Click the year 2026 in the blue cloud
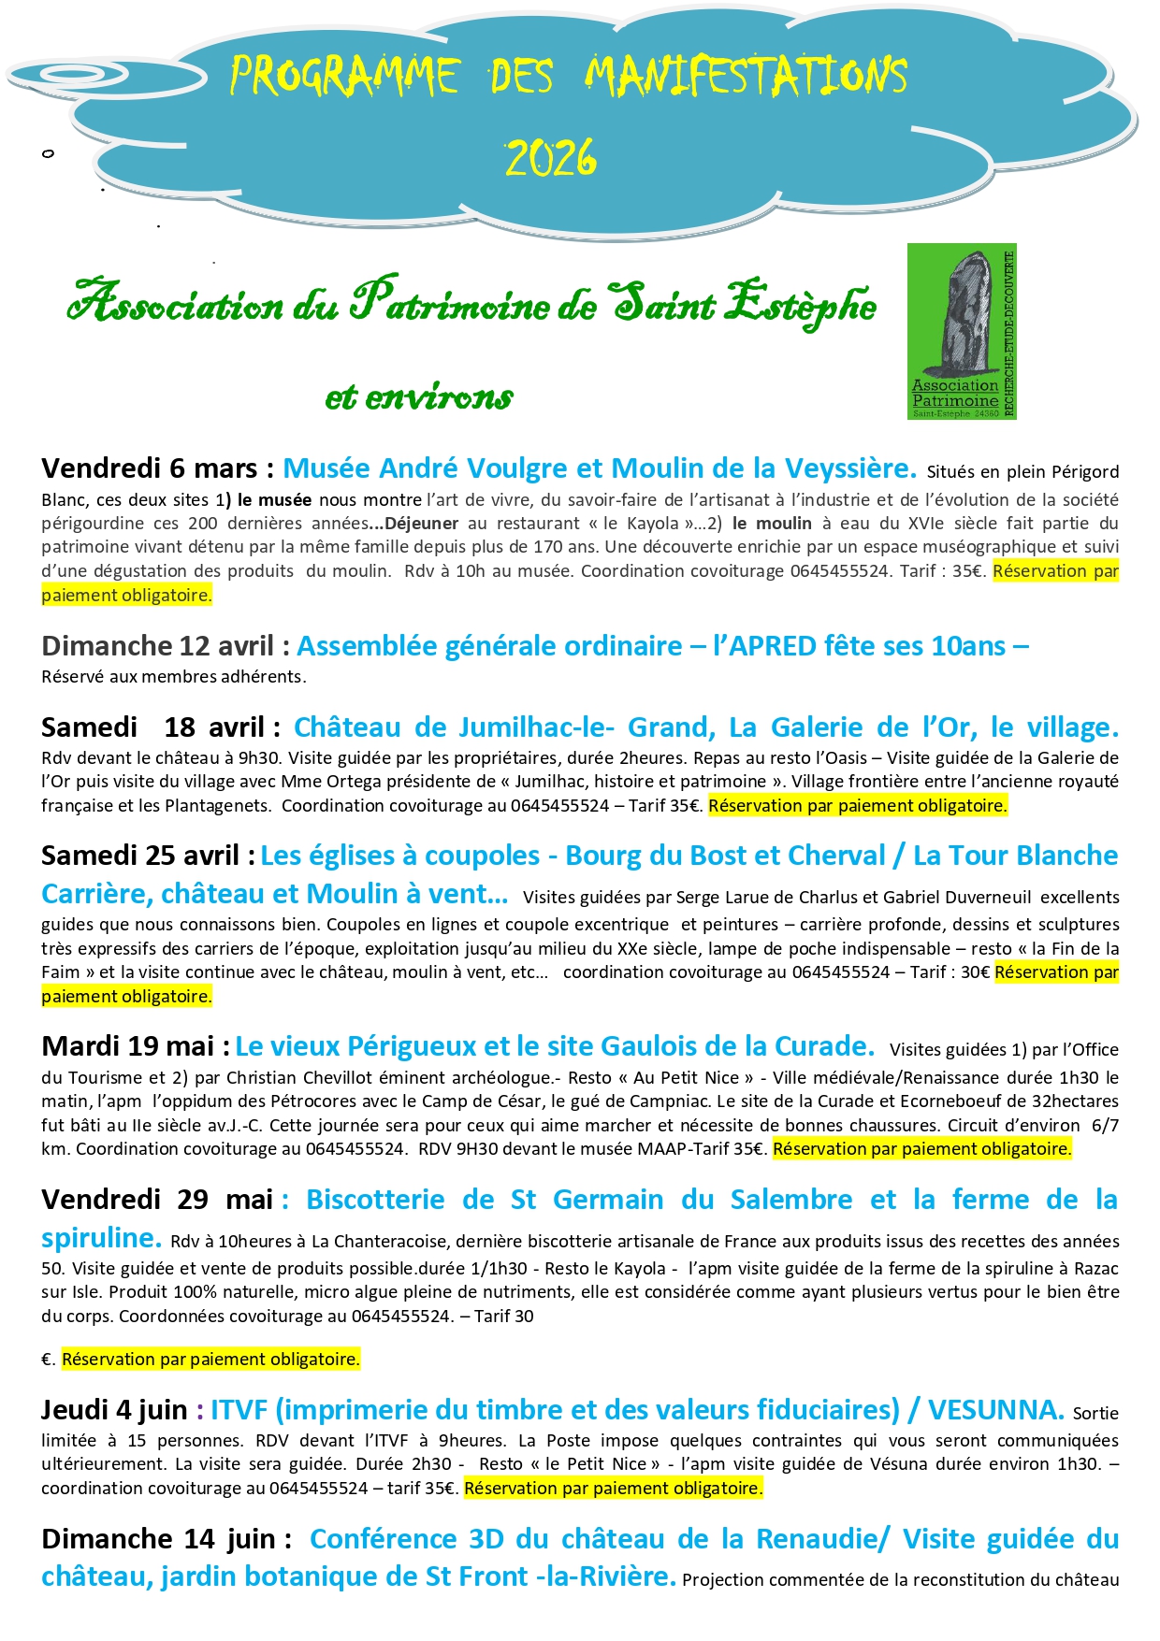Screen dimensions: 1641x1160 click(551, 158)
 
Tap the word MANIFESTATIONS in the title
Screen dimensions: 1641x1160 click(746, 76)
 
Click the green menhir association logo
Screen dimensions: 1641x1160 click(961, 332)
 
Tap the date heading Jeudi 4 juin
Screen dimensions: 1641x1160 click(114, 1410)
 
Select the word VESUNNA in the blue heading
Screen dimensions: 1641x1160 click(995, 1410)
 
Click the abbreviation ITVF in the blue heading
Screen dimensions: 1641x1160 click(239, 1410)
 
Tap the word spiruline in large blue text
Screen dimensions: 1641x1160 click(101, 1238)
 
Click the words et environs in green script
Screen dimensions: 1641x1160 click(418, 397)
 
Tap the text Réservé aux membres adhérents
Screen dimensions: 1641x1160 click(173, 677)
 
